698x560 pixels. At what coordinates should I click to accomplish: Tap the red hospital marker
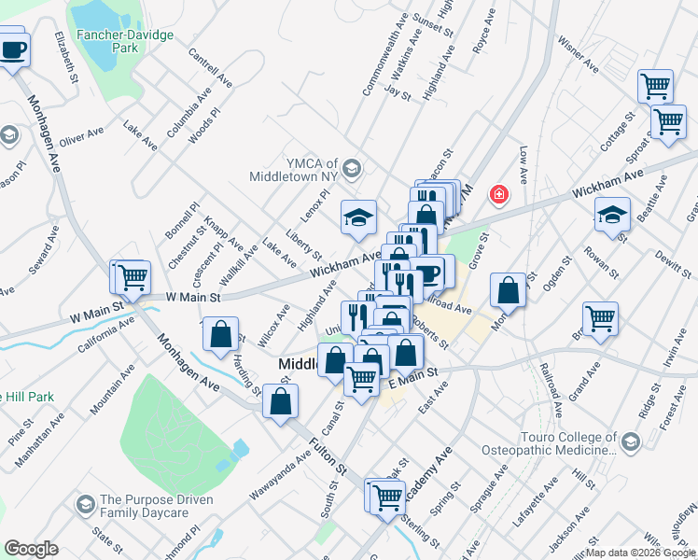click(500, 194)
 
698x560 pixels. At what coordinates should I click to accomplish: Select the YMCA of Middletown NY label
click(296, 168)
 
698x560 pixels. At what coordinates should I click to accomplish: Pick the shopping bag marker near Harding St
click(221, 335)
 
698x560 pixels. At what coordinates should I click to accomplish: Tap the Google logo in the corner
click(31, 549)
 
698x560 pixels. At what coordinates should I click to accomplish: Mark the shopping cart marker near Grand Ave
click(600, 318)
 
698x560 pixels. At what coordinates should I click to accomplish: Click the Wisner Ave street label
click(578, 54)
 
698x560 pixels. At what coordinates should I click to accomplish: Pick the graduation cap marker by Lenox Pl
click(358, 217)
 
